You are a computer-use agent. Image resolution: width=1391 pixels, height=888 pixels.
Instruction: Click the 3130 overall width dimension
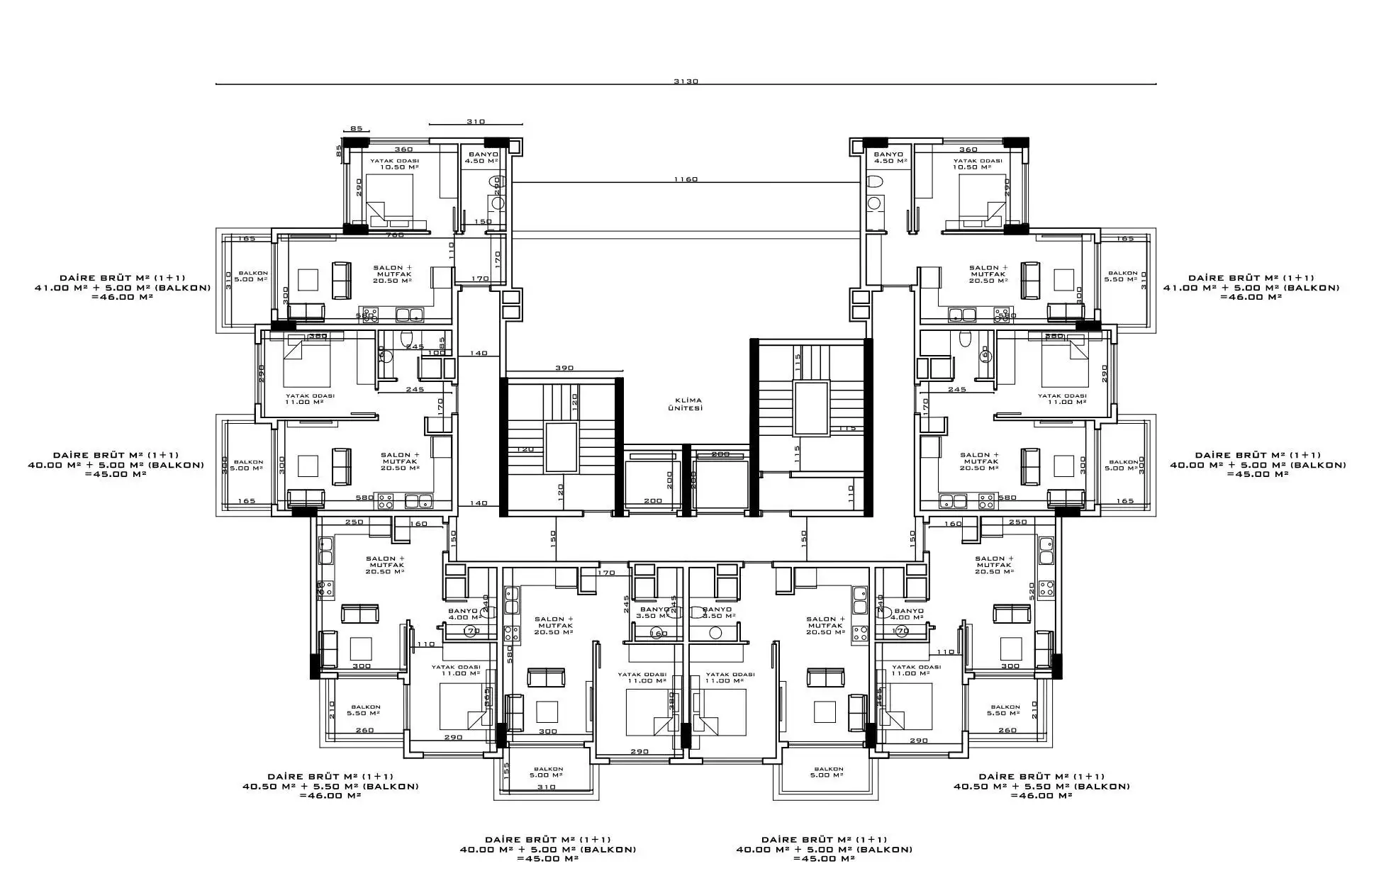point(686,81)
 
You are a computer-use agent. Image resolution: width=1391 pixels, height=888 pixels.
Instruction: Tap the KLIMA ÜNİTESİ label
point(685,405)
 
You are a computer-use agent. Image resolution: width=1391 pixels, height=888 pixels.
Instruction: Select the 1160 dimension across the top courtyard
point(686,179)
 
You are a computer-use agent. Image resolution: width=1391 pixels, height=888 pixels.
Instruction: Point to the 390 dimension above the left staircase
point(564,368)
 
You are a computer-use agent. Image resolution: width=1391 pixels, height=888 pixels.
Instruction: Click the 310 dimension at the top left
point(475,121)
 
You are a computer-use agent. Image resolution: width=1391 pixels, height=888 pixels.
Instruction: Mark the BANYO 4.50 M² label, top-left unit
point(481,157)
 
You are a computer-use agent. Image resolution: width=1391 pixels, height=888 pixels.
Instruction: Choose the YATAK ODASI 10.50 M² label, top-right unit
point(978,164)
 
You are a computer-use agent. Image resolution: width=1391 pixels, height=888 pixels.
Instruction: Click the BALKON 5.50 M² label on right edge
point(1122,276)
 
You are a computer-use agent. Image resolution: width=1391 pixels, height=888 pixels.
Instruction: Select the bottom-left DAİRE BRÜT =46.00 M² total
point(330,795)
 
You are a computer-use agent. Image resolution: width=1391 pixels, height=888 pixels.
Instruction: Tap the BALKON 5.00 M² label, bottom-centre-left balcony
point(548,771)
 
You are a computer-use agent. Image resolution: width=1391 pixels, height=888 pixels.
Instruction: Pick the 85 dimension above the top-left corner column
point(356,128)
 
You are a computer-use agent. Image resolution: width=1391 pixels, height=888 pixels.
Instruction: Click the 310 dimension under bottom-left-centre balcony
point(547,787)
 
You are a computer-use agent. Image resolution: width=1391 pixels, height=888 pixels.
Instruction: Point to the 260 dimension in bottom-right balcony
point(1007,730)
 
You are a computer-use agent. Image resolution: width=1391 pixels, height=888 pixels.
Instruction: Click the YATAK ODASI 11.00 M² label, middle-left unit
point(310,399)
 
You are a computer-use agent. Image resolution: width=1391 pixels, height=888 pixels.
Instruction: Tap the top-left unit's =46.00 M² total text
point(122,297)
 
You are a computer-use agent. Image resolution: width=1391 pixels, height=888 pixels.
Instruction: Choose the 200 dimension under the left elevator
point(652,500)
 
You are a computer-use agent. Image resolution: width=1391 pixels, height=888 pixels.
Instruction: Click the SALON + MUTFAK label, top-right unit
point(988,274)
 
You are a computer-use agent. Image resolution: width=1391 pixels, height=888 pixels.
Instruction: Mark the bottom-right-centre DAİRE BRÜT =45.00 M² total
point(824,858)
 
